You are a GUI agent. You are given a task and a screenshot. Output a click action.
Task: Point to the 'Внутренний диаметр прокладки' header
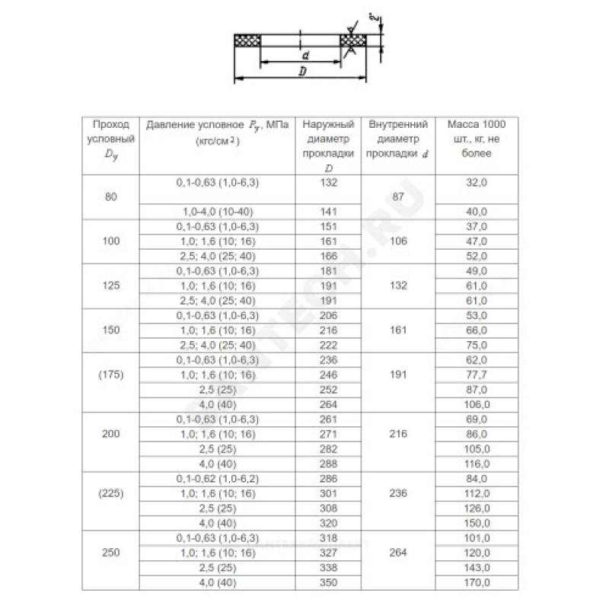(x=397, y=138)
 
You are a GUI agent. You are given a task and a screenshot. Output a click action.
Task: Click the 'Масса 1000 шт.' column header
(x=480, y=138)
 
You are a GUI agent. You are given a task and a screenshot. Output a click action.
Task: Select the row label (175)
(x=111, y=375)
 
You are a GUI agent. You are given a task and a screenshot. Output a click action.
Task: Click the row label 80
(x=111, y=197)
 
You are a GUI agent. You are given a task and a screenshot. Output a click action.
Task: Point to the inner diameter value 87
(x=397, y=197)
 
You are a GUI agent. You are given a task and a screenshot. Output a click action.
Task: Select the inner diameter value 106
(x=397, y=241)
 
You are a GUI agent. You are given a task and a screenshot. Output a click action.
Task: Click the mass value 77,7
(x=480, y=375)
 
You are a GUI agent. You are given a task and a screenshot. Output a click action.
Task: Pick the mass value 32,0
(x=480, y=183)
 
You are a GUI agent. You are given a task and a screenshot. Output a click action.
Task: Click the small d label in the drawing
(x=304, y=56)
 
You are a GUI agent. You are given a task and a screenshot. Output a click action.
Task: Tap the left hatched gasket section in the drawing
(x=247, y=40)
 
